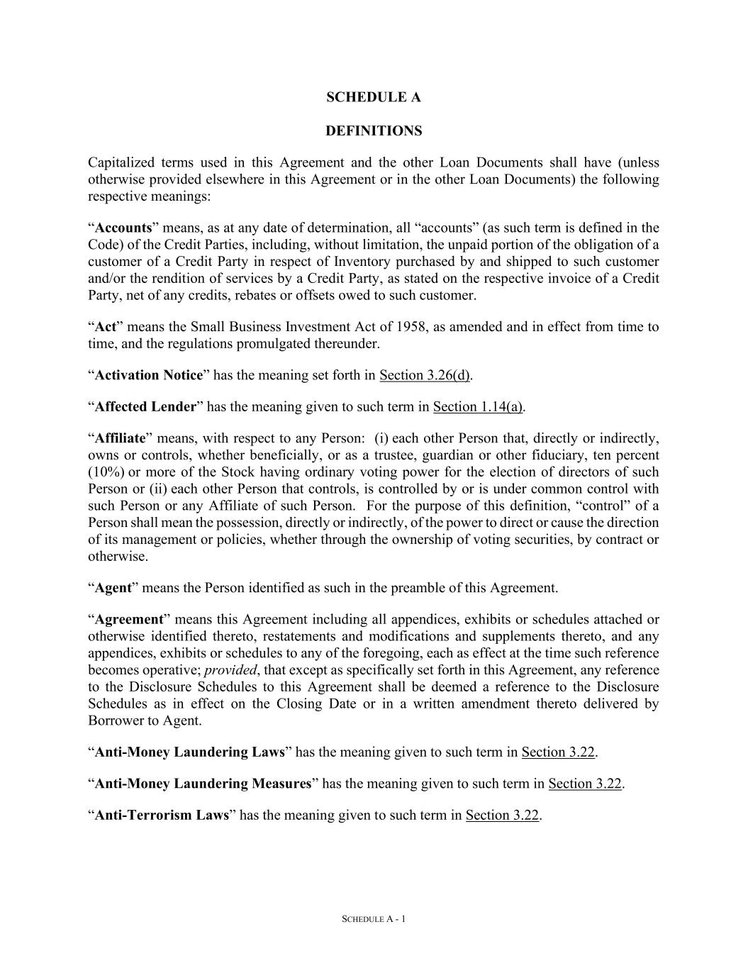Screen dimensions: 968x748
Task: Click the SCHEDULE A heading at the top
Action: (x=373, y=97)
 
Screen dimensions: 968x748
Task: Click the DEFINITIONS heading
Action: (x=373, y=131)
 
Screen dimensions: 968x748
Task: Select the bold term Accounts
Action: (x=123, y=228)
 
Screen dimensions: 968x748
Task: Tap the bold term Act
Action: (x=106, y=327)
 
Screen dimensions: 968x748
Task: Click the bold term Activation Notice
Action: (x=149, y=375)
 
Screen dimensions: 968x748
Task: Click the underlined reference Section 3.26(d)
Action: (x=425, y=375)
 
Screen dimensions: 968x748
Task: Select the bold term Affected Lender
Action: (x=145, y=406)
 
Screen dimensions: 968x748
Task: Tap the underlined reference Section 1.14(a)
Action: (x=478, y=406)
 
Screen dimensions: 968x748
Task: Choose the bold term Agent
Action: (x=113, y=588)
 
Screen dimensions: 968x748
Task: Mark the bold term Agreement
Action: (x=129, y=619)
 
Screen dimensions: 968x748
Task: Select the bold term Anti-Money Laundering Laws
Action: (x=189, y=752)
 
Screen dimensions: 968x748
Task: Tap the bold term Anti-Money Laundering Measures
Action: (x=203, y=784)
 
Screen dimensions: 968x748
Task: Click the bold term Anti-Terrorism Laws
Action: (x=162, y=815)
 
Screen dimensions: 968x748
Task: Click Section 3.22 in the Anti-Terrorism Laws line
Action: (x=502, y=815)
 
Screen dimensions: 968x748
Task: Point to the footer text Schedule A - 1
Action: (x=374, y=919)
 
